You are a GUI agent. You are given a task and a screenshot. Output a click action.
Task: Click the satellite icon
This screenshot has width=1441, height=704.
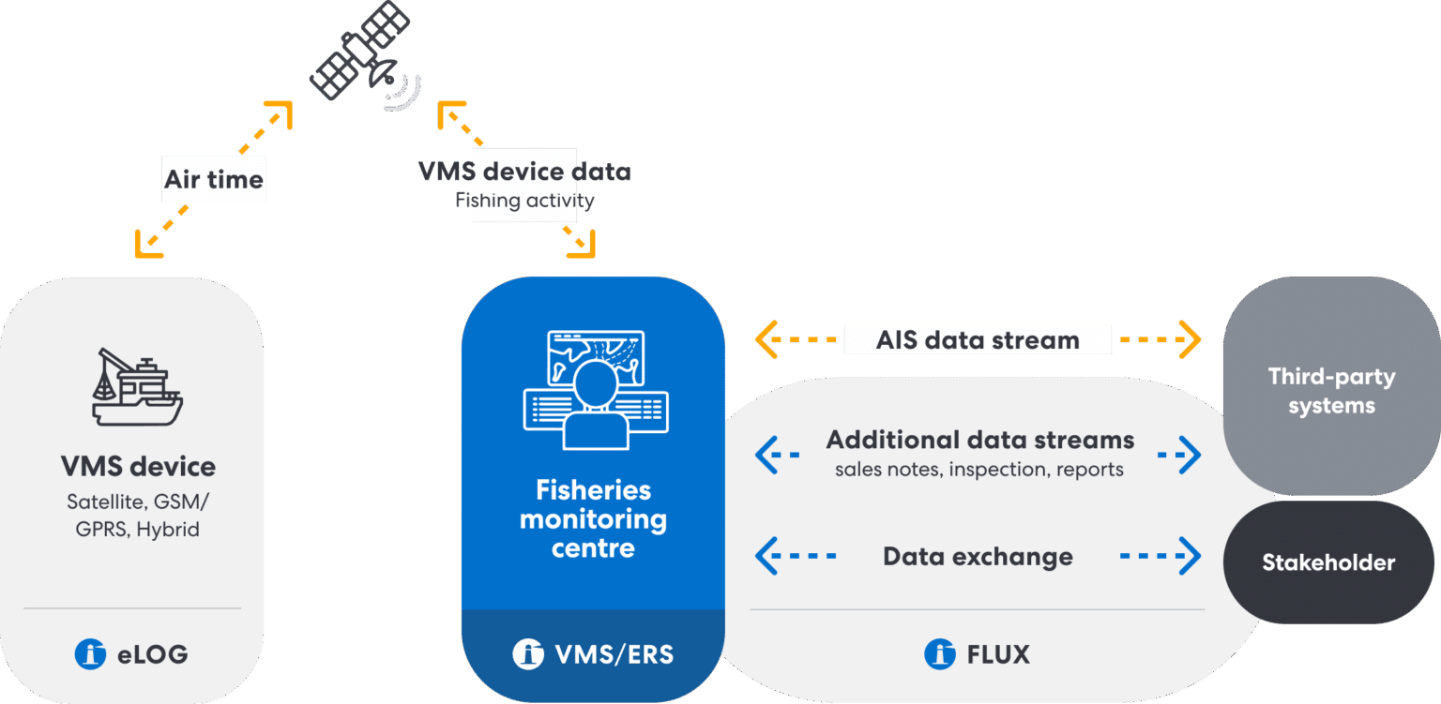361,56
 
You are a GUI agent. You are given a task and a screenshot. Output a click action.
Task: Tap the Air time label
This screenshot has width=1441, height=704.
214,180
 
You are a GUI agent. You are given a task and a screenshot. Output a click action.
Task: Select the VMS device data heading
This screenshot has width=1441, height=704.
524,172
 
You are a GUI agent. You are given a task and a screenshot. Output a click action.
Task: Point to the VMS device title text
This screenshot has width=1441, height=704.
138,466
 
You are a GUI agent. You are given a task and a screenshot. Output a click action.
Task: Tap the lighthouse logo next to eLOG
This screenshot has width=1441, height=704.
91,653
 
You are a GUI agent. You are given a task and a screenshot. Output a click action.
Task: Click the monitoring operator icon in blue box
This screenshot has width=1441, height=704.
595,389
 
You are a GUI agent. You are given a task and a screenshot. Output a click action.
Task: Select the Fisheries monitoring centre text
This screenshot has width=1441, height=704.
593,518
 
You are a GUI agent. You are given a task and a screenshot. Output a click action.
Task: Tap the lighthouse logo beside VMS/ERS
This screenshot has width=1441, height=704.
529,653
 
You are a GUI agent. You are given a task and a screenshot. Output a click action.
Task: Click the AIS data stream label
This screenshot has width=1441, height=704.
978,339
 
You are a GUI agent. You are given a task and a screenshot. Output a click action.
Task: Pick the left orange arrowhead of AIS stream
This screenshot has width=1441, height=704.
766,339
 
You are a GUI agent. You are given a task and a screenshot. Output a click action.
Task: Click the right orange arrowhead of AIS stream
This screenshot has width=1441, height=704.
1191,339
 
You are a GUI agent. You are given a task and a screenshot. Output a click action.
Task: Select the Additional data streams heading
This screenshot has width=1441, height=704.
979,440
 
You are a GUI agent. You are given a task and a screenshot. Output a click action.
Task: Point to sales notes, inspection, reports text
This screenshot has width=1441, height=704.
979,469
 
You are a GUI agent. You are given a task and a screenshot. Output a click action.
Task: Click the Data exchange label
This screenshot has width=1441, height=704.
978,556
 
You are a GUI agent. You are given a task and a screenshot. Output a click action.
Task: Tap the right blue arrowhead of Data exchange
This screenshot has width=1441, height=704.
1191,556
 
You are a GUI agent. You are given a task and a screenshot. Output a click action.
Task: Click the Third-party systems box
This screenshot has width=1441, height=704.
1330,391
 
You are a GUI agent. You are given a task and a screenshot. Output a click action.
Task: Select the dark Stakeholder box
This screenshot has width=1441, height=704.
1327,562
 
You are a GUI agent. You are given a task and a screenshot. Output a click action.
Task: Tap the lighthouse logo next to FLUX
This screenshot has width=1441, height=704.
939,653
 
